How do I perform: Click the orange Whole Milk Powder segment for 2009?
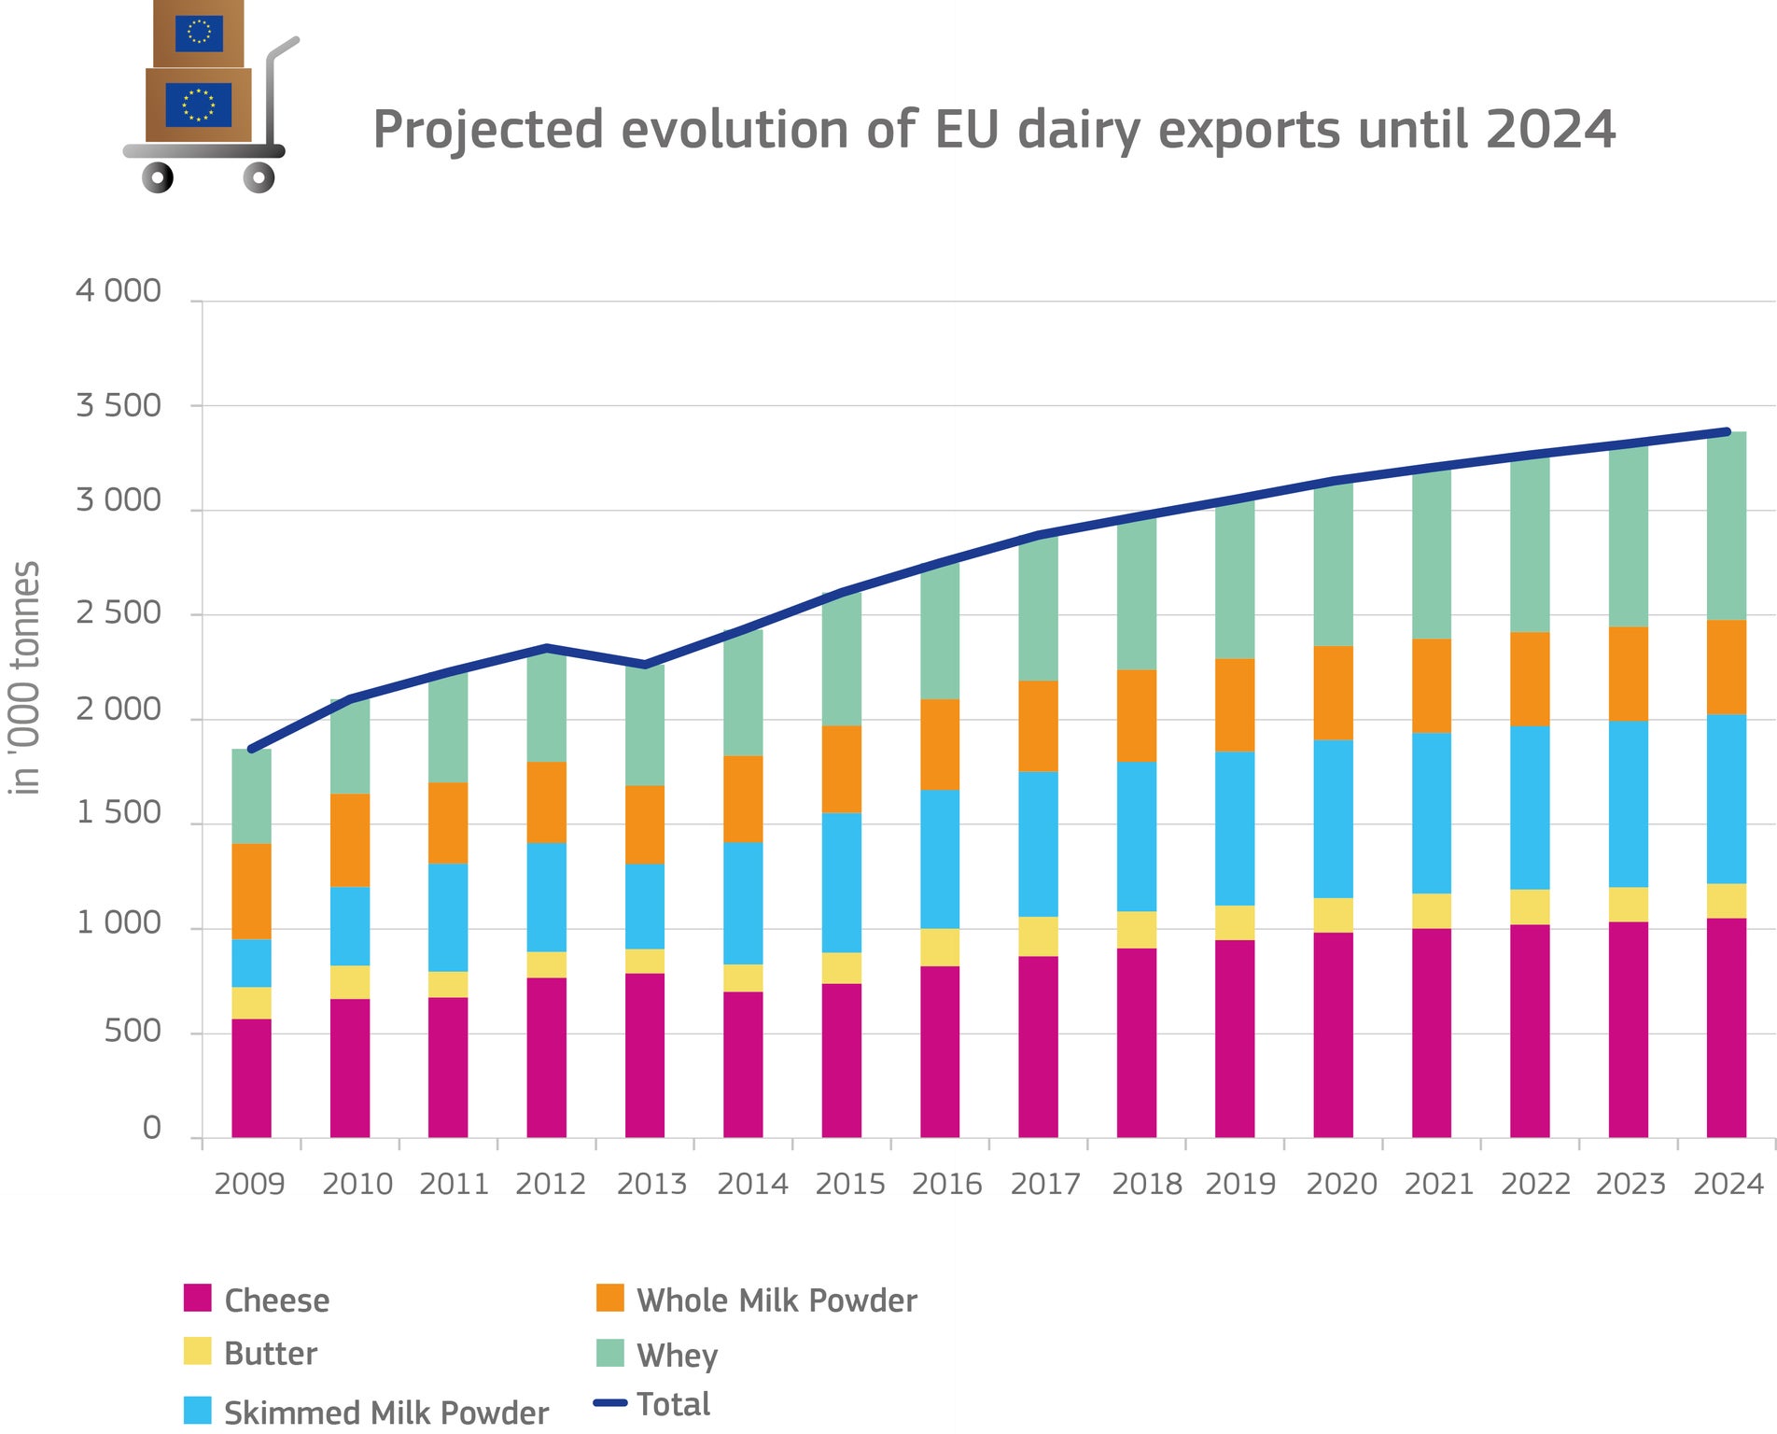(251, 892)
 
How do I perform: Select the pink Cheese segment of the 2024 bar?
(1726, 1027)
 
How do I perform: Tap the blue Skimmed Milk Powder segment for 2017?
(1038, 844)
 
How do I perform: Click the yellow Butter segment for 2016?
(940, 947)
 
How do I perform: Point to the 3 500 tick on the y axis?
(119, 406)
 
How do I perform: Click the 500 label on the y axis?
(133, 1031)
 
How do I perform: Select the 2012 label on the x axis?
(550, 1184)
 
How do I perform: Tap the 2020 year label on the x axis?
(1341, 1184)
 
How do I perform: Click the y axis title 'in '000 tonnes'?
(26, 678)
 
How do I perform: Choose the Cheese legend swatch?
(198, 1299)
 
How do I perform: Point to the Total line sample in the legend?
(610, 1403)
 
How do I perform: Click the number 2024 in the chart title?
(1550, 130)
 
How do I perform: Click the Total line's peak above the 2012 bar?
(547, 648)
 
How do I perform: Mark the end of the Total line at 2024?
(1727, 432)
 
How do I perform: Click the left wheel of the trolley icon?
(158, 176)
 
